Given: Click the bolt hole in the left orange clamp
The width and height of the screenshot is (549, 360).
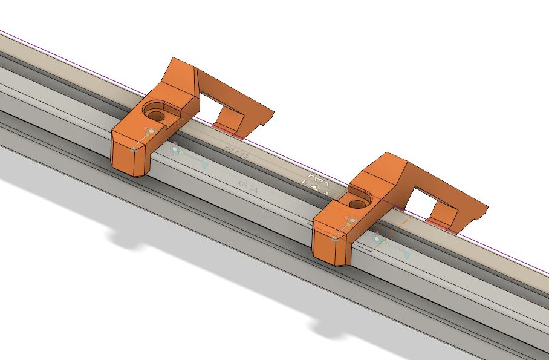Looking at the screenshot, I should pos(156,113).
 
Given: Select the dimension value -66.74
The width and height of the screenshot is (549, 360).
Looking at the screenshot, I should pos(249,189).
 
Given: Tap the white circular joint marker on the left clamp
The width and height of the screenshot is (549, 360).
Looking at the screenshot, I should pos(151,131).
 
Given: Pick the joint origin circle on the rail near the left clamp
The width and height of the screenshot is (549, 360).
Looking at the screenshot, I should pos(175,149).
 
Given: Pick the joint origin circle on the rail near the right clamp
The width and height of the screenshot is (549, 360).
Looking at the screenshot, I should pos(378,240).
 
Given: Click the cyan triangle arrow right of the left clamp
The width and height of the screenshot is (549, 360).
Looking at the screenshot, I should pos(204,165).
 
